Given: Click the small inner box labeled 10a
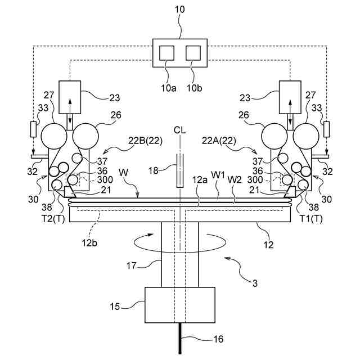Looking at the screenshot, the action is (x=167, y=53).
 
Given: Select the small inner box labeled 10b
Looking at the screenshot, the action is (x=193, y=53).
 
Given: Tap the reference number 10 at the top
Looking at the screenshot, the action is (x=180, y=10).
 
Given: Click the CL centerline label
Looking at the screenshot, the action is (x=180, y=130).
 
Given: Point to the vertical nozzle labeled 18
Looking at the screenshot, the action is (x=180, y=170).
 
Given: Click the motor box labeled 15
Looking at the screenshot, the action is (x=180, y=305).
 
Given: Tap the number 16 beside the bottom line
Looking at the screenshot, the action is (x=218, y=339).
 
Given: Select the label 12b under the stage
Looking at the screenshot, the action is (x=89, y=242).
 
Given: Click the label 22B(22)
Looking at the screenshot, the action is (x=145, y=141).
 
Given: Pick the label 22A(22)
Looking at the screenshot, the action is (x=219, y=141).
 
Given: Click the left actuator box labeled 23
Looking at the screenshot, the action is (x=70, y=97).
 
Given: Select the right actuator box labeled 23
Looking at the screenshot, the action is (x=290, y=97).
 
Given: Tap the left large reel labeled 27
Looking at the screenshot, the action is (x=54, y=136).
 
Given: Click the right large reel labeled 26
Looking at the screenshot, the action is (x=274, y=136).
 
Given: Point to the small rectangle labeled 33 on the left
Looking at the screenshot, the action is (x=34, y=129).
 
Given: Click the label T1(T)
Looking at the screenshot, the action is (x=311, y=219).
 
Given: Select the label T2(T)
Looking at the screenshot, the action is (x=53, y=219).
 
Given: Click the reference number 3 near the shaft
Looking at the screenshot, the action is (x=255, y=283).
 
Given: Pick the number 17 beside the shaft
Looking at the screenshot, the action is (x=131, y=266).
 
